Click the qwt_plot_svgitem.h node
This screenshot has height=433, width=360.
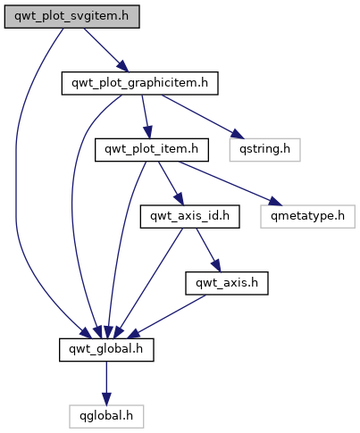(x=71, y=17)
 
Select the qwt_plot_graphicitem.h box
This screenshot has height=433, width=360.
(x=139, y=83)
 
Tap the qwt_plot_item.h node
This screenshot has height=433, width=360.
(x=152, y=150)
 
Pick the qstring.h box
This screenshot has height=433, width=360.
(x=264, y=150)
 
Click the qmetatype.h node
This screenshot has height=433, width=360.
(x=307, y=217)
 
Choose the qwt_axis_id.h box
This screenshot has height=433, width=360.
(x=189, y=217)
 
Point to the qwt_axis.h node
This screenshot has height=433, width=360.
(x=227, y=283)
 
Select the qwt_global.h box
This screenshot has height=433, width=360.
(x=106, y=350)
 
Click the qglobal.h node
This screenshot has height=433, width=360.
(x=106, y=417)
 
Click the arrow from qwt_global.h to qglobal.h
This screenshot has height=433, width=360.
(x=106, y=383)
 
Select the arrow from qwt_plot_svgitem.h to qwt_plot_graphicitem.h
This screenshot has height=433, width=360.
(x=106, y=50)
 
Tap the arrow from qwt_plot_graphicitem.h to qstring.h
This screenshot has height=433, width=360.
(x=203, y=117)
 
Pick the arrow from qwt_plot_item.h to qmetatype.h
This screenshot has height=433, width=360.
(x=230, y=183)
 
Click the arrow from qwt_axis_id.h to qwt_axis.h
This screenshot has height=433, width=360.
(x=208, y=250)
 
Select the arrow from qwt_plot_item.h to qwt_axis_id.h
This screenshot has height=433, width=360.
(x=171, y=183)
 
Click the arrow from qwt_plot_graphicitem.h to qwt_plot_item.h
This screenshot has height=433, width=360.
(x=146, y=117)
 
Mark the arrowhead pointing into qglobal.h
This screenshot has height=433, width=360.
(x=106, y=399)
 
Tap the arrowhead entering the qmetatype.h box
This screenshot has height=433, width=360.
(x=275, y=201)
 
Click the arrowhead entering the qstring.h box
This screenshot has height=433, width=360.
(x=238, y=134)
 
